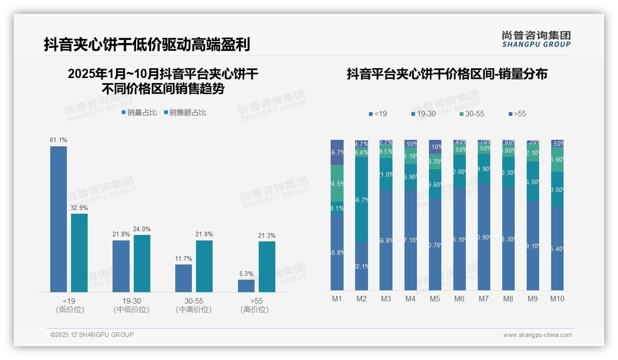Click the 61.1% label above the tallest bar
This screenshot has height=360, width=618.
[x=59, y=140]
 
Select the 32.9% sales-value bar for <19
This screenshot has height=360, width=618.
[x=79, y=252]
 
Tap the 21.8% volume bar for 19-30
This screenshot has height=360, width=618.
[x=121, y=266]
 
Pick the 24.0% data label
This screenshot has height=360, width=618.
[x=142, y=229]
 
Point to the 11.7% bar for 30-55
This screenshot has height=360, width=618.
[x=184, y=278]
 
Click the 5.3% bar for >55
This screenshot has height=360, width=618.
[x=246, y=286]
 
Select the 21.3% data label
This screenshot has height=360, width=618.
[x=267, y=235]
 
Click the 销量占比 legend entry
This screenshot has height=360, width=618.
[x=139, y=112]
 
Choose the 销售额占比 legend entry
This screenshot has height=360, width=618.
[x=185, y=112]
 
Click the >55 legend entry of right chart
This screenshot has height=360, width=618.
[x=517, y=114]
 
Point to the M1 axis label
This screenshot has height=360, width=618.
[x=337, y=299]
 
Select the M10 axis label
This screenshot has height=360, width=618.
[x=557, y=299]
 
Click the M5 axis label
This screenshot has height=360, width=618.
[x=435, y=299]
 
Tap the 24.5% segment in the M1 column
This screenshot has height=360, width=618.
[x=337, y=183]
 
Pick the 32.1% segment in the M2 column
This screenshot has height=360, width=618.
[x=362, y=266]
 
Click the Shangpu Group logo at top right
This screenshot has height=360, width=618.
[x=536, y=39]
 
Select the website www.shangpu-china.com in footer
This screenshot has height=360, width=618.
[x=537, y=335]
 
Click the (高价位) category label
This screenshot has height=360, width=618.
[x=255, y=310]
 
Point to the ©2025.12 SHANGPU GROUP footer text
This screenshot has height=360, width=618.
[x=92, y=335]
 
